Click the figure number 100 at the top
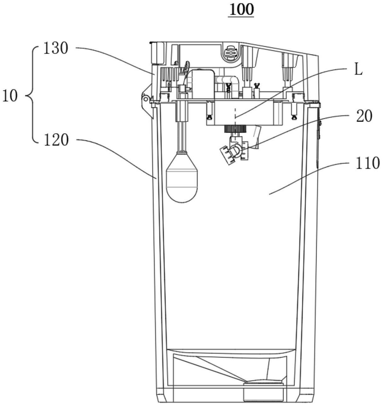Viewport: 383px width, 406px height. coord(241,9)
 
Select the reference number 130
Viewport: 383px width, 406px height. coord(56,49)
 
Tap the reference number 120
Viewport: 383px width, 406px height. coord(56,140)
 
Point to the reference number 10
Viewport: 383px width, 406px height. coord(10,96)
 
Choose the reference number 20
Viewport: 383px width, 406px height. coord(364,116)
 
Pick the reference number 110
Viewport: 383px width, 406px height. coord(368,163)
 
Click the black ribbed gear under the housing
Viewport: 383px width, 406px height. coord(235,129)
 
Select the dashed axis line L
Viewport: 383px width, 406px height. coord(235,124)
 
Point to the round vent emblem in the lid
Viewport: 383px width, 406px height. coord(230,52)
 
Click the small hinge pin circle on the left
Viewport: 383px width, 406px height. coord(146,99)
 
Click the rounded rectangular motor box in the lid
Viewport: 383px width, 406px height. coord(203,84)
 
